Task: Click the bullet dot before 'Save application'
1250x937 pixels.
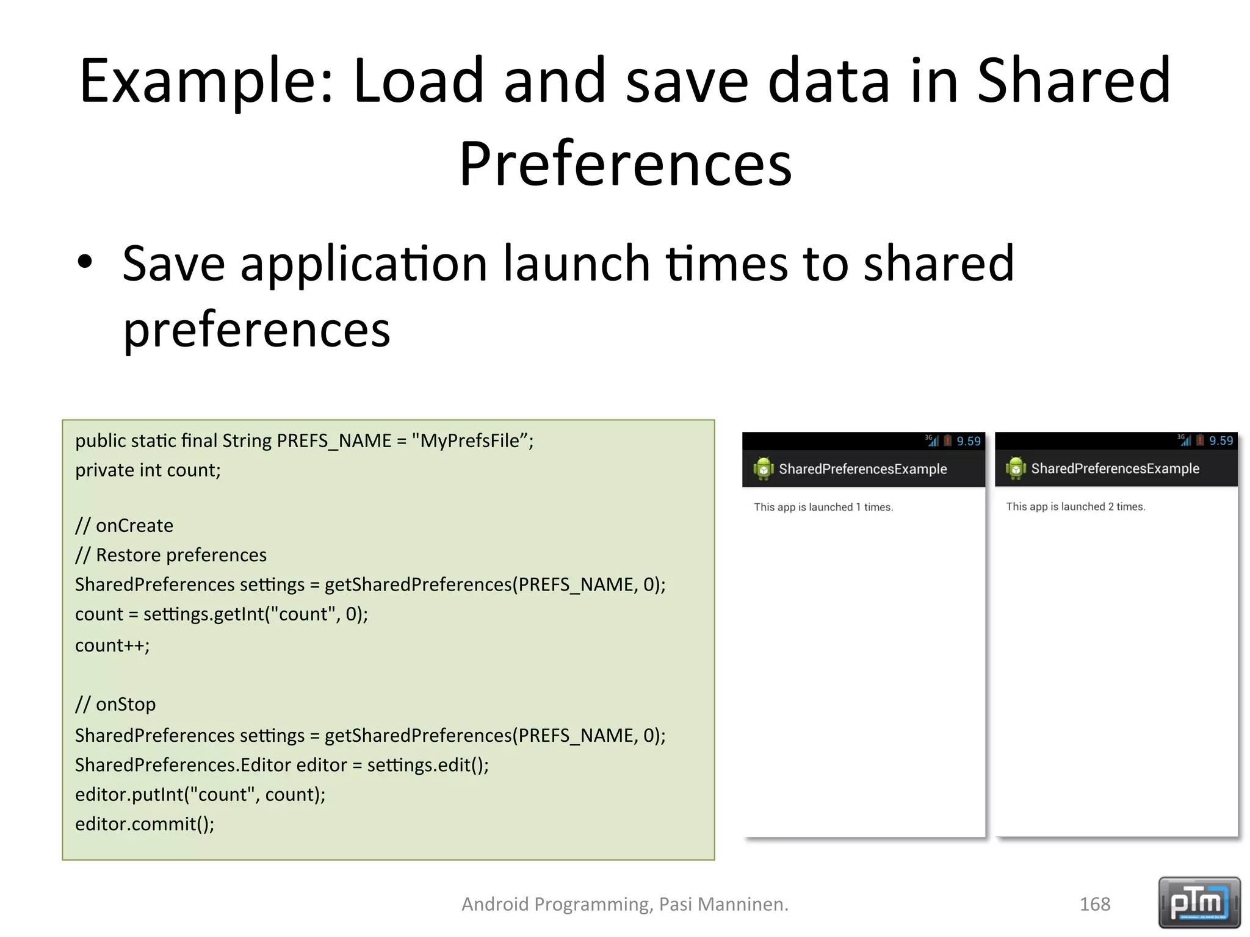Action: [85, 262]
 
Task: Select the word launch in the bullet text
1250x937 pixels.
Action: [576, 264]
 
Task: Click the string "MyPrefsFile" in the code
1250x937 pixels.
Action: [469, 440]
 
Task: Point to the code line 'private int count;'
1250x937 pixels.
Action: [148, 470]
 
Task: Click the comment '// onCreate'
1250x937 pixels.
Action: [124, 525]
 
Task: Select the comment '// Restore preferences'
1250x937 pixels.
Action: [171, 555]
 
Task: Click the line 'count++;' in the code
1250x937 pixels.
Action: [112, 645]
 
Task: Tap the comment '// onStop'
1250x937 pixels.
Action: [115, 705]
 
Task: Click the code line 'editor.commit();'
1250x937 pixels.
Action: [145, 824]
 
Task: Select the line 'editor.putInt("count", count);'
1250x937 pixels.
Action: [200, 794]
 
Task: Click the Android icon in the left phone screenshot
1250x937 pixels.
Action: [763, 468]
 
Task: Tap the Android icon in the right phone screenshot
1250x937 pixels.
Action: [1016, 468]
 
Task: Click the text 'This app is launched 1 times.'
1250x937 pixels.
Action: [823, 507]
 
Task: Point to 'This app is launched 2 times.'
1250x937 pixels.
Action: [1075, 506]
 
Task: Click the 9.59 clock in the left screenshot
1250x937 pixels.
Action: [969, 441]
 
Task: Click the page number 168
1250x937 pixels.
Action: [1095, 904]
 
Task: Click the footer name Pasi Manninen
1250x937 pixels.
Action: [723, 904]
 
